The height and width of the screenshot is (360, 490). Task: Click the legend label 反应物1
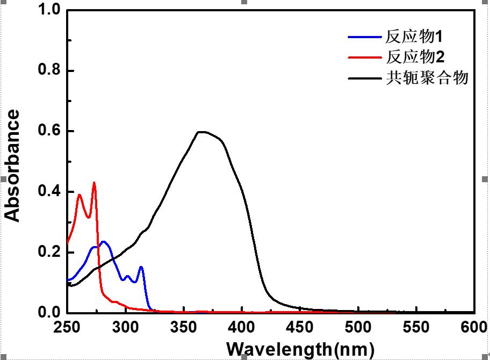click(414, 37)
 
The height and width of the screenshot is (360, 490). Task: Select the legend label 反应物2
click(415, 57)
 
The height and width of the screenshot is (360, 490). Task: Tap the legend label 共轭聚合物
click(427, 77)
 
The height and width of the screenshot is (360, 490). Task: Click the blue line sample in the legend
click(365, 37)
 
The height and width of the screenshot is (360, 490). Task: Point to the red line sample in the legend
click(365, 57)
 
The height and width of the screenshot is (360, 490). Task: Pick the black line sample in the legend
click(365, 78)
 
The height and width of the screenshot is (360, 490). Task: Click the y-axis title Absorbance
click(12, 165)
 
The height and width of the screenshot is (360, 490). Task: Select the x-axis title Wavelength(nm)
click(300, 349)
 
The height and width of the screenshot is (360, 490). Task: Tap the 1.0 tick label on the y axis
click(49, 9)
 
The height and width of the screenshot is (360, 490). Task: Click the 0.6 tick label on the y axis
click(49, 131)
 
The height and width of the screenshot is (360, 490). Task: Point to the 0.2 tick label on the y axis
click(49, 251)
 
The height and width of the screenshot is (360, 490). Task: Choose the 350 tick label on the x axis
click(184, 327)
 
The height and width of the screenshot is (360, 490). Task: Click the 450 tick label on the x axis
click(300, 327)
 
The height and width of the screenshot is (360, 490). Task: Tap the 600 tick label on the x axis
click(474, 327)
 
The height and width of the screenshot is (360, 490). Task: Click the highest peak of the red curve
click(94, 183)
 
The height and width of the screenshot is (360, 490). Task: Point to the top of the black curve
click(202, 132)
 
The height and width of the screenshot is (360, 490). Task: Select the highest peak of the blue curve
click(104, 242)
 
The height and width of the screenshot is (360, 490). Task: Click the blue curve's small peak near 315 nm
click(141, 267)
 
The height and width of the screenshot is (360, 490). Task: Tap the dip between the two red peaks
click(89, 218)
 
